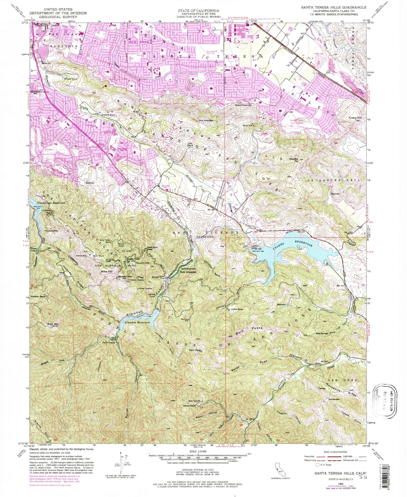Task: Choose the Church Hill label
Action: tap(143, 263)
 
